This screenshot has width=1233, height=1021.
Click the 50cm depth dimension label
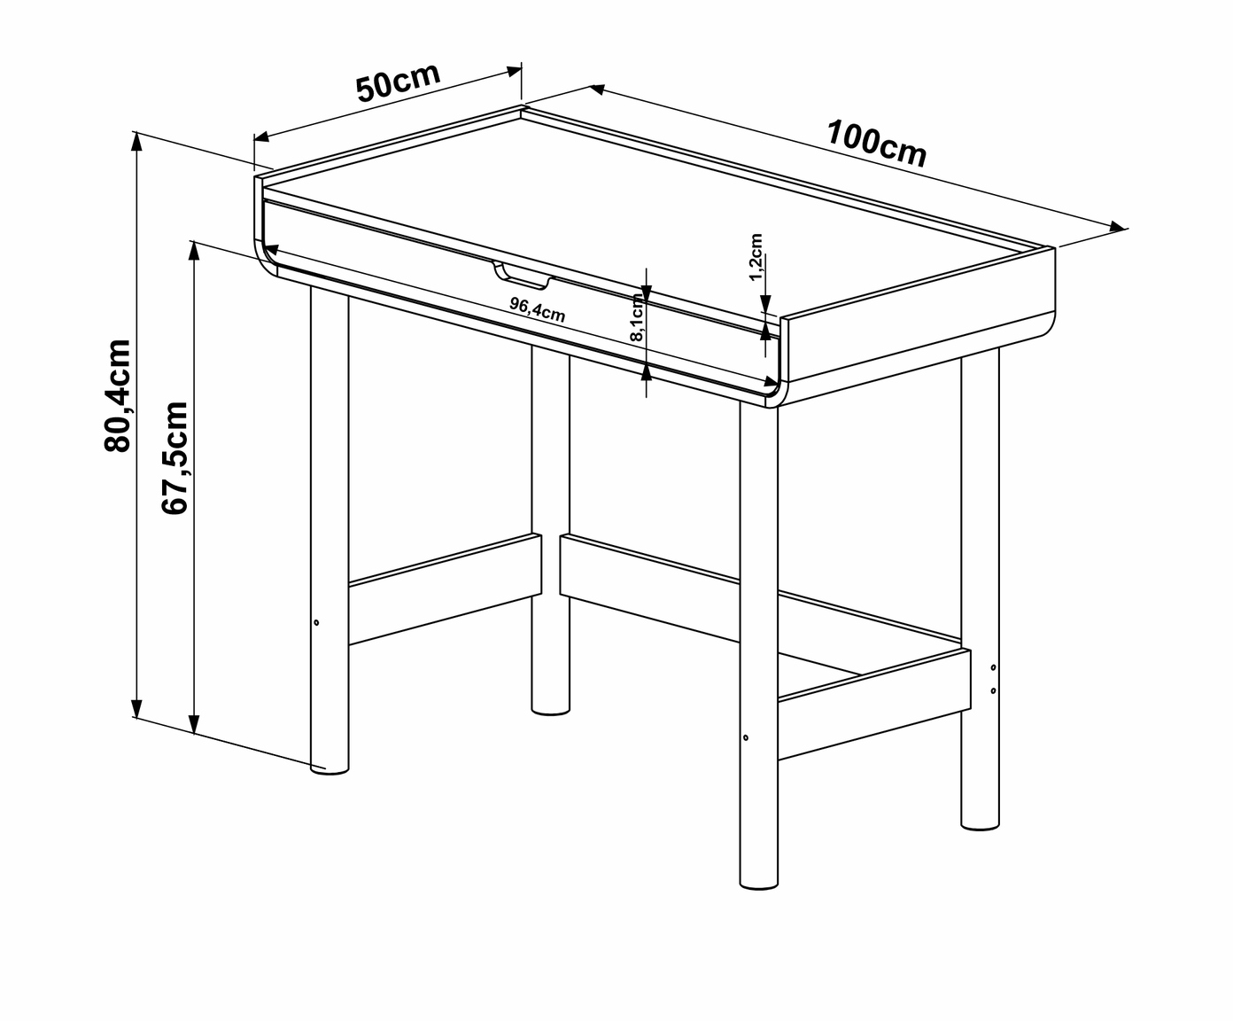click(x=398, y=82)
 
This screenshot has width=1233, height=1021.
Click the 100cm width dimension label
click(x=876, y=144)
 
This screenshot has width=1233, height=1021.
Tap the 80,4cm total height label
click(x=117, y=396)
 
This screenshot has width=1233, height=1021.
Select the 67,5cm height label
click(x=174, y=457)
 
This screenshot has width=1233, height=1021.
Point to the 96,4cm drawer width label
click(x=538, y=309)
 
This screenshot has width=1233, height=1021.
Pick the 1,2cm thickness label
click(x=756, y=257)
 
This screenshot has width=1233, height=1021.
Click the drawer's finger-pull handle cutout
click(x=523, y=276)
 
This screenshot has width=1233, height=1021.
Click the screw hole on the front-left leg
click(x=316, y=622)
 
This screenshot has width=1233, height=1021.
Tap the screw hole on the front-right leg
click(x=746, y=737)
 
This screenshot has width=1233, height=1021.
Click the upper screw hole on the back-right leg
click(x=993, y=667)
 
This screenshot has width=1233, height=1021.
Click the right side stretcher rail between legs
click(x=874, y=704)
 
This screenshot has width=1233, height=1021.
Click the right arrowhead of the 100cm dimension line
click(x=1117, y=226)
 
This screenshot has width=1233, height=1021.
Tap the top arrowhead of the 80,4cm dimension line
click(x=136, y=143)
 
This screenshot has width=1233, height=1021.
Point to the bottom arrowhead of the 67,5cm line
click(x=194, y=724)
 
